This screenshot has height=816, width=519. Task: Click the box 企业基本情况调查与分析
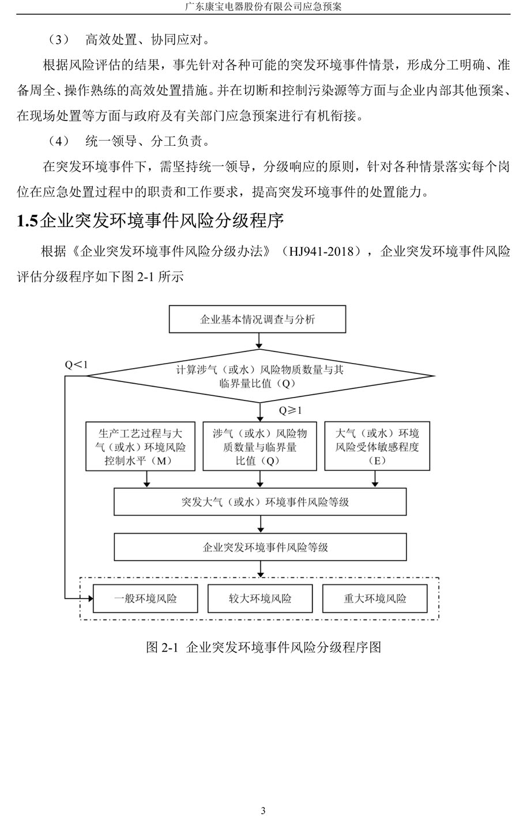(257, 319)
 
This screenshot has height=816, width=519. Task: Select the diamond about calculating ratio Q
(260, 376)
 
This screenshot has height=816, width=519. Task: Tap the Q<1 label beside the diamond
(76, 365)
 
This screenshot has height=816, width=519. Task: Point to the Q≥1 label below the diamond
(291, 410)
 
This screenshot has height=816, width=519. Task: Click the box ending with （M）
(140, 446)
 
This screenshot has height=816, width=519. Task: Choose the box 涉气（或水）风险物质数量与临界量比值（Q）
(260, 446)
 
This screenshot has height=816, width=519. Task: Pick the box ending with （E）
(377, 446)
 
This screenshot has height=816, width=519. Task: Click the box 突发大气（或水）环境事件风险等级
(260, 501)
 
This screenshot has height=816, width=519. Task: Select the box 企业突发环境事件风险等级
(260, 547)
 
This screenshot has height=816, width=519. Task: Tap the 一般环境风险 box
(145, 599)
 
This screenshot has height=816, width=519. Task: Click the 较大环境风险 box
(260, 599)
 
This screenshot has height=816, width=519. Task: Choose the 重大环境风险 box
(375, 599)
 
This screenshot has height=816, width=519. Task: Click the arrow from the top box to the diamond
(259, 341)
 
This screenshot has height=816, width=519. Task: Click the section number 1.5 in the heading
(27, 221)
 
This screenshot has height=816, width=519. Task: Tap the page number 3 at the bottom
(263, 810)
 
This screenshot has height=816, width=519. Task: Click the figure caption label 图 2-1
(162, 647)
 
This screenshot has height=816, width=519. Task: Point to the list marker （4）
(59, 141)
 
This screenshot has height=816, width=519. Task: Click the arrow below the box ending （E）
(375, 479)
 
